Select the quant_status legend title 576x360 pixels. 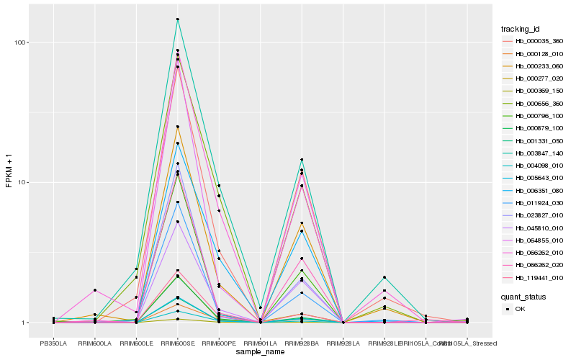[523, 296]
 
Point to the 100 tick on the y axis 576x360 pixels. [21, 42]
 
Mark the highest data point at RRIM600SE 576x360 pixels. [177, 19]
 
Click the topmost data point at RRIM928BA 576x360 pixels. [302, 160]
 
